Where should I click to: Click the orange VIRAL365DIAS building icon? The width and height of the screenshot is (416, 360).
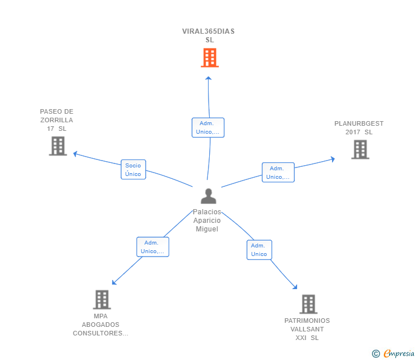[210, 58]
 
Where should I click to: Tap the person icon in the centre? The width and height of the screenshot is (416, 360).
[209, 196]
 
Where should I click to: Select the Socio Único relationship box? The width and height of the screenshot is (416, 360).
[133, 170]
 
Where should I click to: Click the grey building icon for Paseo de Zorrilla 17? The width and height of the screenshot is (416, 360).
[58, 146]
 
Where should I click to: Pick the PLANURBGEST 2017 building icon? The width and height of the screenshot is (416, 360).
[360, 150]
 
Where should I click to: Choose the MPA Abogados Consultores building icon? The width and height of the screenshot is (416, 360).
[102, 300]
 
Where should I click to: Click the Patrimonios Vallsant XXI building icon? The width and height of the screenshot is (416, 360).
[309, 304]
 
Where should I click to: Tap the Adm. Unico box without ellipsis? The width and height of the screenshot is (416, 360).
[259, 250]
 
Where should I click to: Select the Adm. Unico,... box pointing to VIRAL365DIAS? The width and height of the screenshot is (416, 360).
[208, 127]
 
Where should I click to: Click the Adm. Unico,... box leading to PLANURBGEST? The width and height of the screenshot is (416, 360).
[278, 173]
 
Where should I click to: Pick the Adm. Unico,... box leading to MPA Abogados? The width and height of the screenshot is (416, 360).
[153, 247]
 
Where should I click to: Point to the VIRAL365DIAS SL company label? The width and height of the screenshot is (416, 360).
[209, 35]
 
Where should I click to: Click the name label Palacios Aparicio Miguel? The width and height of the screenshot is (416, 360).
[207, 220]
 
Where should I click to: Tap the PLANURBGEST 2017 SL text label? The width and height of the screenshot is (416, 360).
[359, 127]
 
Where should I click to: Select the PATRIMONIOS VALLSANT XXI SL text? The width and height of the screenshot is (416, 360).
[307, 329]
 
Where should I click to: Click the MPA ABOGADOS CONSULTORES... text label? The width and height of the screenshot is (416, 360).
[101, 325]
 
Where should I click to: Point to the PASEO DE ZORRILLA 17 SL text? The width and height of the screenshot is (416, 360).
[57, 120]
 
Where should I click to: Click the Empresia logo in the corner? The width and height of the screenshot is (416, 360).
[393, 353]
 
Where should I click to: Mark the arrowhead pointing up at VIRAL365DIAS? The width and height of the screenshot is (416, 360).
[208, 78]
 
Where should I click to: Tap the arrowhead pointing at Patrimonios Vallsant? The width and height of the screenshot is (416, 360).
[295, 287]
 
